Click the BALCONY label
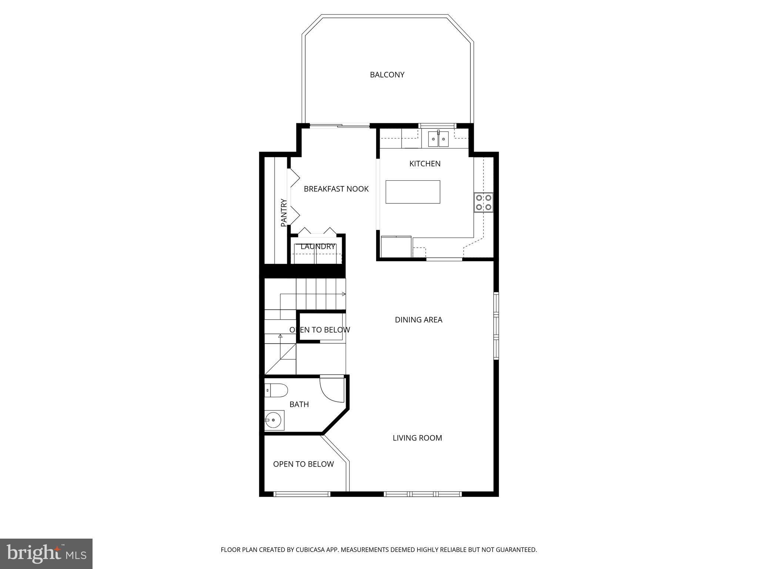point(387,75)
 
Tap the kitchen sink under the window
point(438,139)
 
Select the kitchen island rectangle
point(413,192)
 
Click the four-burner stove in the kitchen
point(483,203)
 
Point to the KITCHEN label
point(425,164)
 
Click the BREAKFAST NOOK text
point(336,189)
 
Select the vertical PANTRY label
point(284,213)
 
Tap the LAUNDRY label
point(318,246)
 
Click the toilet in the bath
point(277,390)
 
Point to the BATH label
point(299,405)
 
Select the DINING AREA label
point(418,320)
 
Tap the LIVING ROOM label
point(417,438)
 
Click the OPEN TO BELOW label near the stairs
point(319,330)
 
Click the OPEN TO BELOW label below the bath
point(303,464)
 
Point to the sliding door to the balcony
point(339,126)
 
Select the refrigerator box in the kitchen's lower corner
point(396,246)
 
